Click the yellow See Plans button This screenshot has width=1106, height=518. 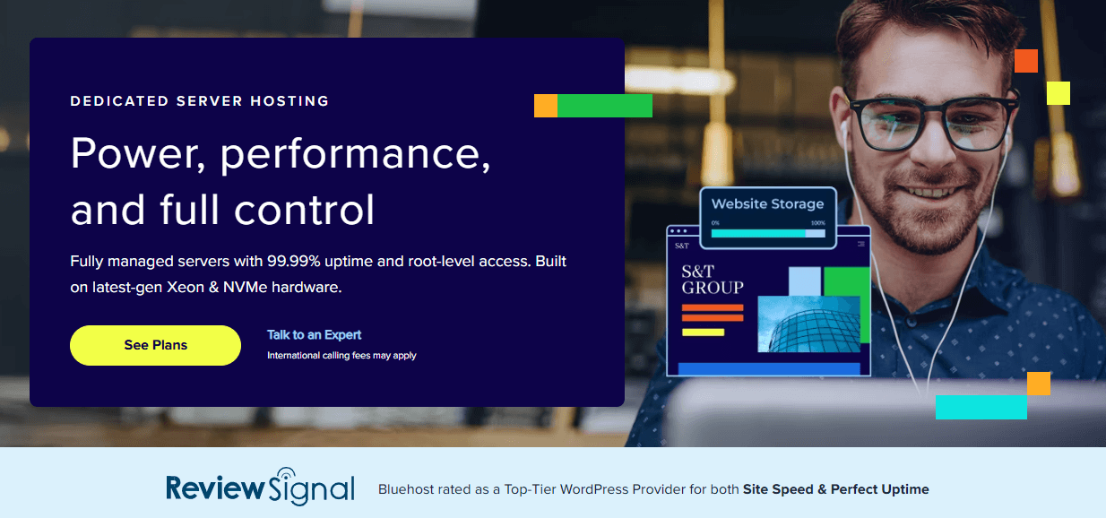[x=155, y=345]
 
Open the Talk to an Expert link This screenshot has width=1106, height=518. [x=314, y=334]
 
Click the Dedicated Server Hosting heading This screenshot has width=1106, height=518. [x=200, y=101]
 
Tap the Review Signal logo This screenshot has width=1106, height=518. [x=260, y=488]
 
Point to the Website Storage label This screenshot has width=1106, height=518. [x=767, y=203]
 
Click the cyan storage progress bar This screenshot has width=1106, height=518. [x=757, y=233]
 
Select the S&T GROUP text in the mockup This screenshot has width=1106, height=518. [x=712, y=280]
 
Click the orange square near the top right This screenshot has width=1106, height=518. [x=1025, y=61]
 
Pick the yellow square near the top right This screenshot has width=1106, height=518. [x=1058, y=92]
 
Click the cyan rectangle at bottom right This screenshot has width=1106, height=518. [x=981, y=407]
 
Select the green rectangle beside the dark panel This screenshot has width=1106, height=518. [x=604, y=106]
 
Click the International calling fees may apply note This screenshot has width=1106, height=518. [x=341, y=356]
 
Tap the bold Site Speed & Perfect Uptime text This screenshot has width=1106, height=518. [x=835, y=489]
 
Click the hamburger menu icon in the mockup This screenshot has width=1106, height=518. [x=862, y=244]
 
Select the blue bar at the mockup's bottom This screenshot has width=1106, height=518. [x=768, y=368]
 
